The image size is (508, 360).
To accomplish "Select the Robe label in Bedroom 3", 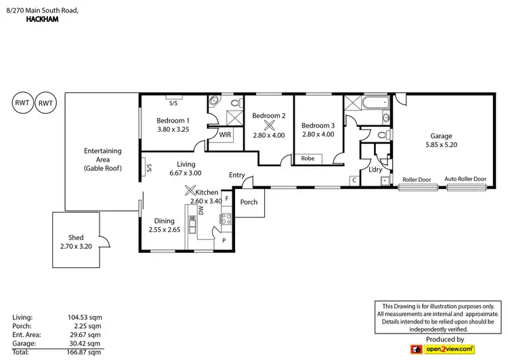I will click(308, 159).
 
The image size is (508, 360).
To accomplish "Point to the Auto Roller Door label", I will click(465, 179).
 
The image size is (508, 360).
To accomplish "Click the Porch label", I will click(249, 202).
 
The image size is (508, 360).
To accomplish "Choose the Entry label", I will click(236, 175).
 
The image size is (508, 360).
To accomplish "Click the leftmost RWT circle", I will click(21, 103).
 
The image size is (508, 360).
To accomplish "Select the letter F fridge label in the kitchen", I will click(226, 199).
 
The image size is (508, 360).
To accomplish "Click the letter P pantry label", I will click(224, 240).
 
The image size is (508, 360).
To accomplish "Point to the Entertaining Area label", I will click(102, 159).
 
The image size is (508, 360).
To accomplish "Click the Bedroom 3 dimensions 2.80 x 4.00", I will click(318, 134).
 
